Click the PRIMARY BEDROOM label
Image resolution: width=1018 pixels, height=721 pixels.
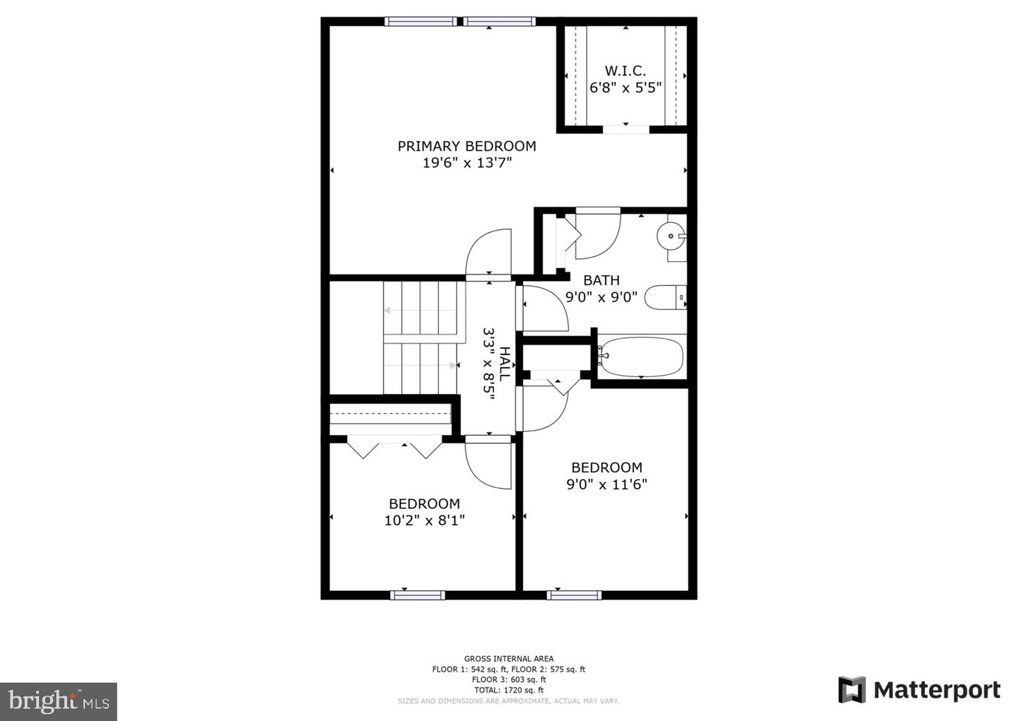point(467,146)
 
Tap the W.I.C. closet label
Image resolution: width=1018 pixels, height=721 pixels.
point(625,71)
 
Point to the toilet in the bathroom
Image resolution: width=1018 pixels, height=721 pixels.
point(665,298)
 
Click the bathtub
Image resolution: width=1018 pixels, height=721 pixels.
point(640,357)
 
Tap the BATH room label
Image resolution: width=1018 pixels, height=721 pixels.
point(602,280)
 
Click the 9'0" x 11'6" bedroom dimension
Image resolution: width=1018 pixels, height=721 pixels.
point(607,485)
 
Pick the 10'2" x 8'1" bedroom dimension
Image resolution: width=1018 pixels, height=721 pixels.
point(424,521)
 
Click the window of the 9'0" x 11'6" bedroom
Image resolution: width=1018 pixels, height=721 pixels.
point(574,595)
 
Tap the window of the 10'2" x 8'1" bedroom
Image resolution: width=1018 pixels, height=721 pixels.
point(418,595)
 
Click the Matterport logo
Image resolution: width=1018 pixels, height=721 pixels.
point(919,690)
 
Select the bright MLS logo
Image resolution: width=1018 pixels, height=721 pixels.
point(59,701)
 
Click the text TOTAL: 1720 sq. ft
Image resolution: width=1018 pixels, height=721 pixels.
point(508,690)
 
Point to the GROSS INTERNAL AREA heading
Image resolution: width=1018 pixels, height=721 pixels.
point(508,659)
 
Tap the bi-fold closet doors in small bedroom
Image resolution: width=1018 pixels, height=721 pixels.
point(394,449)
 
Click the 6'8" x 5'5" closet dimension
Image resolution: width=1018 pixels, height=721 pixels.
point(625,88)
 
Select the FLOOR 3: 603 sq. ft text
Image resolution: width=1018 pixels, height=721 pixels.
point(508,679)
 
